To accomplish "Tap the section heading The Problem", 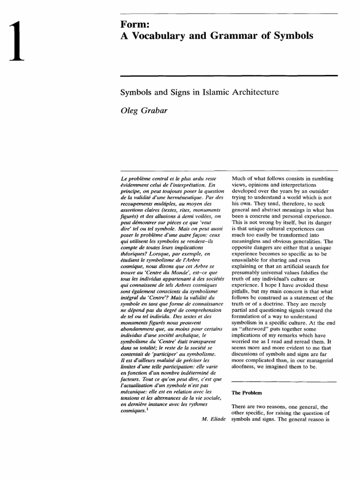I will point(248,391).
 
